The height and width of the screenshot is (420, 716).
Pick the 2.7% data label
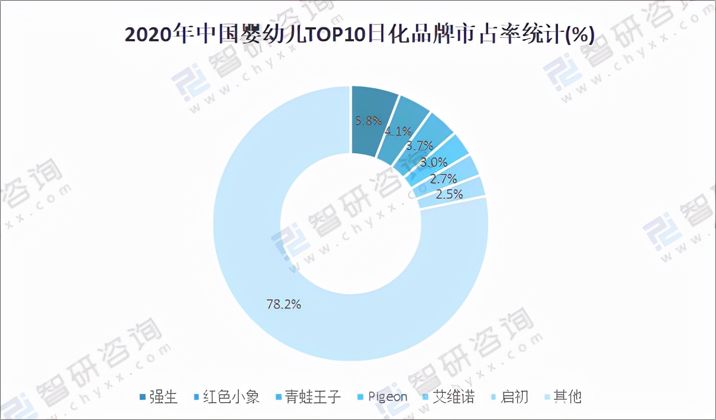point(443,179)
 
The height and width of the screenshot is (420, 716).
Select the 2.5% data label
point(449,193)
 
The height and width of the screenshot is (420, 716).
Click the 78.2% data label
point(284,305)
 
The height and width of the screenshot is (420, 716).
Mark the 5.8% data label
point(367,121)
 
